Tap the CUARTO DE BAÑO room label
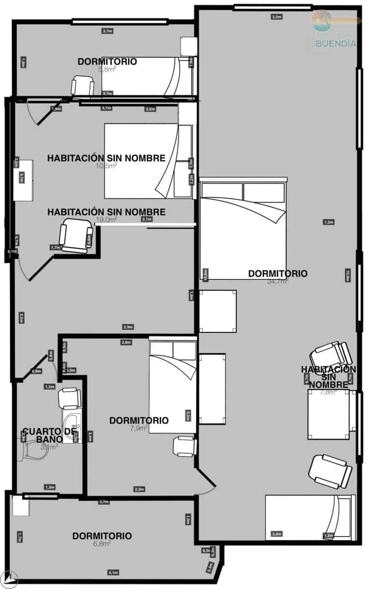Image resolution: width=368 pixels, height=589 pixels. click(x=49, y=435)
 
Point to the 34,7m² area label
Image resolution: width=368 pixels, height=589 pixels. click(x=277, y=282)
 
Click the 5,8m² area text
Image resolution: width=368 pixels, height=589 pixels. click(x=107, y=69)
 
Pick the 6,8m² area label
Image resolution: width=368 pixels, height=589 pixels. click(x=101, y=543)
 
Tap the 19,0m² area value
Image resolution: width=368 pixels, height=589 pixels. click(x=106, y=220)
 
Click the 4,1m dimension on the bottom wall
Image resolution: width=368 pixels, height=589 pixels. click(x=113, y=572)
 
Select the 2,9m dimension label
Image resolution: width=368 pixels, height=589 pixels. click(x=128, y=327)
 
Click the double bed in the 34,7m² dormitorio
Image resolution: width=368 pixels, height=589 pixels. click(x=243, y=228)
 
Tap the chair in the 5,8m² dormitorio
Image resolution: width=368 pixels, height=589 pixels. click(x=82, y=86)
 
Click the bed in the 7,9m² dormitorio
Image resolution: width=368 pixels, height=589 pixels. click(x=172, y=388)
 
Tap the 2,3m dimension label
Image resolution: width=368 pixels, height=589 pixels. click(x=139, y=489)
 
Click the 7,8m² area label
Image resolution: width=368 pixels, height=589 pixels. click(x=328, y=392)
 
